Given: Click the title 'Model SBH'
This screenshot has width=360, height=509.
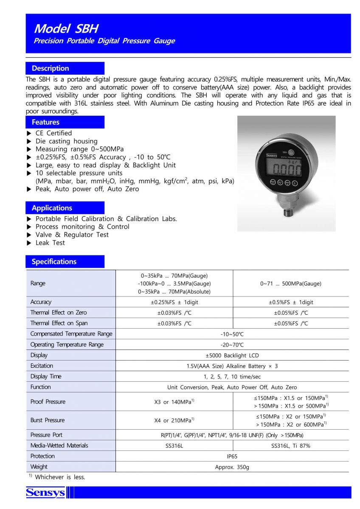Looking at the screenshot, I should click(x=66, y=28).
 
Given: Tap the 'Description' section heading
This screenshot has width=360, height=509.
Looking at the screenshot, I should click(x=50, y=68).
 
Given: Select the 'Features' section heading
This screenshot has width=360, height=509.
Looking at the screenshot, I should click(x=45, y=122).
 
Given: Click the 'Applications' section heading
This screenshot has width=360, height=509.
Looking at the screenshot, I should click(x=52, y=208).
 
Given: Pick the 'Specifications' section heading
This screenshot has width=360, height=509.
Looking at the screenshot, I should click(x=54, y=262).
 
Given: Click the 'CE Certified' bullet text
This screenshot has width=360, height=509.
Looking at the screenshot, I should click(x=53, y=133).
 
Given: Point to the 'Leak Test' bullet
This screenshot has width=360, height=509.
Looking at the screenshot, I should click(x=50, y=243).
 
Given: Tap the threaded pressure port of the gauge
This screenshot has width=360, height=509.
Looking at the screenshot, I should click(x=288, y=209).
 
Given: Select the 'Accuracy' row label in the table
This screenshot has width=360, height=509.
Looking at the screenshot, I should click(x=41, y=302).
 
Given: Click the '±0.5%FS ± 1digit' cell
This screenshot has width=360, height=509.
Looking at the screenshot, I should click(x=291, y=302).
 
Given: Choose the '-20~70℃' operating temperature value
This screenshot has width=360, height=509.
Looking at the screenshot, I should click(x=232, y=345).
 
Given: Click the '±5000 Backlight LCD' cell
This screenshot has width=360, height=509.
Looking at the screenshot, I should click(x=232, y=355).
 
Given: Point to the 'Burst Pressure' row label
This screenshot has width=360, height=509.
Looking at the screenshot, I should click(x=48, y=420).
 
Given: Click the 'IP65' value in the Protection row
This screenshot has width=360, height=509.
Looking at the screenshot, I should click(x=232, y=456).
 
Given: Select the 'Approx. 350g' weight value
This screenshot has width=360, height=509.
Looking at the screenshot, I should click(x=232, y=467).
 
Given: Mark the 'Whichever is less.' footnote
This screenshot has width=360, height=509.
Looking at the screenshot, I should click(x=60, y=477).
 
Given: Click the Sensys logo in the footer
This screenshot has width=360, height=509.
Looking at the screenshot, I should click(x=45, y=492).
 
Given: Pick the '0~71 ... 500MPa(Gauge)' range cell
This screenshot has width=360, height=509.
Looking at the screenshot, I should click(x=291, y=283).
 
